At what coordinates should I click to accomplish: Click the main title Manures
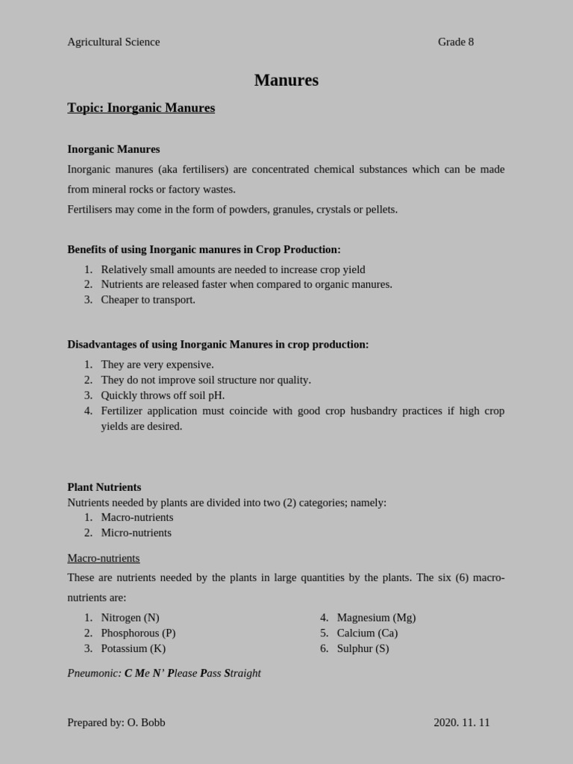tap(286, 81)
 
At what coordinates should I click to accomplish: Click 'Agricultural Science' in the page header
tap(113, 42)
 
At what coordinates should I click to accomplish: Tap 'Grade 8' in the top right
tap(455, 42)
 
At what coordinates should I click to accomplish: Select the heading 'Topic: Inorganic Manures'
tap(141, 108)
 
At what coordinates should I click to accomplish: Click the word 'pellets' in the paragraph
tap(381, 210)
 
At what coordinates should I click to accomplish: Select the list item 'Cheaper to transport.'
tap(148, 300)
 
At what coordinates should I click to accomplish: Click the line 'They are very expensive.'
tap(157, 365)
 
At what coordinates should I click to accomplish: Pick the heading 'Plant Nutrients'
tap(104, 487)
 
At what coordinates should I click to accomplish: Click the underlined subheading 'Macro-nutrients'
tap(104, 558)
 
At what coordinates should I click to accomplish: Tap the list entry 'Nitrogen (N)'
tap(130, 618)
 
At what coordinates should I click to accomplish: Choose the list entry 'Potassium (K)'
tap(133, 648)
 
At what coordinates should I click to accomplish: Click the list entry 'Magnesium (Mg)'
tap(376, 618)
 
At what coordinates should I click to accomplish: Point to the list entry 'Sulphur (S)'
tap(363, 648)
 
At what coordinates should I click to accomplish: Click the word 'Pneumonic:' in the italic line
tap(94, 673)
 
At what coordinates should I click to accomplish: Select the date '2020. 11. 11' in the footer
tap(461, 722)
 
